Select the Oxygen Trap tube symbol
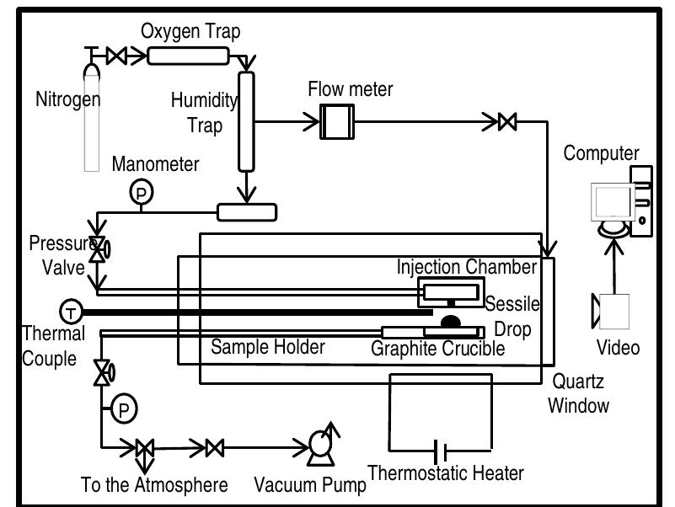(x=189, y=56)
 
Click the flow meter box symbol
(x=337, y=124)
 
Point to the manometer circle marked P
(x=139, y=193)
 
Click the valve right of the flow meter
(x=506, y=123)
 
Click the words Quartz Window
(x=579, y=392)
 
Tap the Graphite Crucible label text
(x=437, y=348)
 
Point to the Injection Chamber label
(x=467, y=268)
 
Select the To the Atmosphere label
(x=154, y=485)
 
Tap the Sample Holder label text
(x=268, y=347)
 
